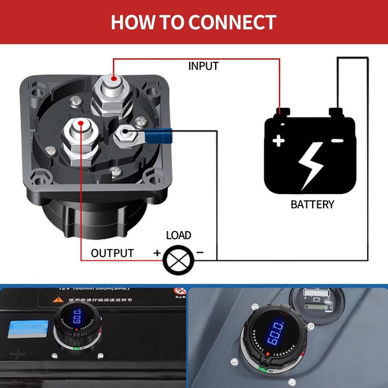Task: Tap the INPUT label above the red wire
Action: pos(204,66)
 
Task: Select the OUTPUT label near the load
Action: pos(112,253)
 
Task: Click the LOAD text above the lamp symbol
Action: pos(179,235)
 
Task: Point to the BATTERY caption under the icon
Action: pos(312,205)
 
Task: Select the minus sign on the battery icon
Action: pos(338,140)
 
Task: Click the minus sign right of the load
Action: pos(200,253)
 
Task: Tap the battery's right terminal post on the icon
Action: pos(338,114)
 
